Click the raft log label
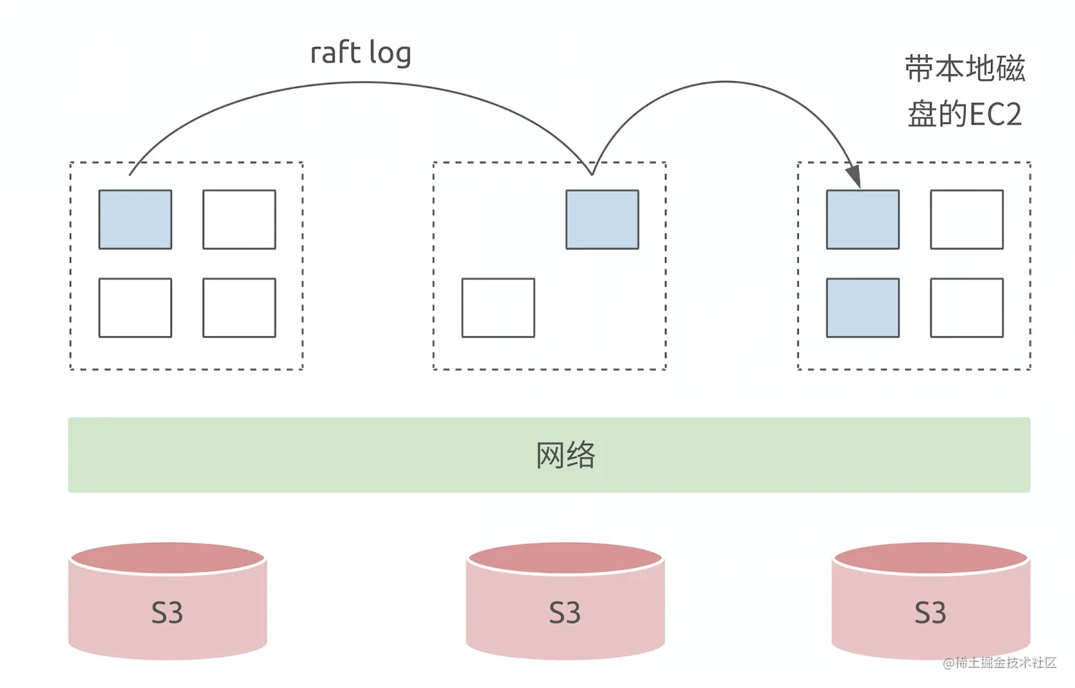[360, 53]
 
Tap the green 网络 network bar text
[565, 455]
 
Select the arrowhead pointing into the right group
[853, 175]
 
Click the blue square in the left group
[135, 219]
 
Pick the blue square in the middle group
[602, 219]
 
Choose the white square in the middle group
[498, 307]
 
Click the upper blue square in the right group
[862, 219]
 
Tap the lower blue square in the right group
[862, 307]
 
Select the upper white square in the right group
[967, 219]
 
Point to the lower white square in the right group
[967, 307]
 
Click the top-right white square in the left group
[239, 219]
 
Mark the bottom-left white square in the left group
[135, 307]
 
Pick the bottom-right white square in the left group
[239, 307]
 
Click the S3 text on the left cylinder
[167, 613]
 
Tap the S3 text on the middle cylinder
[565, 613]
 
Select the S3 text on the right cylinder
[930, 613]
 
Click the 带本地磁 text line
[965, 69]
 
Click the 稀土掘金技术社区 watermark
[1005, 662]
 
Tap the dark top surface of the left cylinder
[168, 558]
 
